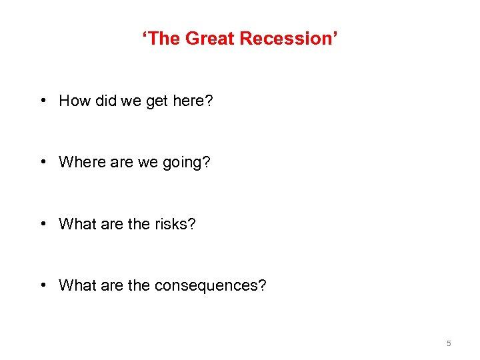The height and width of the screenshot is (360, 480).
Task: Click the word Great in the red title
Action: (x=210, y=39)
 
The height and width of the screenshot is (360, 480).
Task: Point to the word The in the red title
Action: (x=163, y=39)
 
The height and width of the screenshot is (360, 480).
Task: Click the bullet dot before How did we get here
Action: (x=43, y=101)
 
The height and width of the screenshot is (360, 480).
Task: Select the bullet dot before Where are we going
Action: (x=43, y=162)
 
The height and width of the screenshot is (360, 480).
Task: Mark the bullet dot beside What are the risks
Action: (x=43, y=224)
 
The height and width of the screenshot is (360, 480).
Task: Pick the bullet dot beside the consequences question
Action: (x=43, y=285)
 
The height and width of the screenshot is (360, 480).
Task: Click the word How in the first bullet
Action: (x=74, y=101)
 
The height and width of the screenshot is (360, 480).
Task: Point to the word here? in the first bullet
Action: (x=195, y=101)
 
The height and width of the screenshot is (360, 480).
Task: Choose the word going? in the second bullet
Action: (x=187, y=163)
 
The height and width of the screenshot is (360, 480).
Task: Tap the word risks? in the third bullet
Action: (x=176, y=224)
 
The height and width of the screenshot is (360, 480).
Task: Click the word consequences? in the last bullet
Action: (x=211, y=286)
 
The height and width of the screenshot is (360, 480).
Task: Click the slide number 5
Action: (x=449, y=343)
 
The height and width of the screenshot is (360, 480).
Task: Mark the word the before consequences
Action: (x=139, y=285)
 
